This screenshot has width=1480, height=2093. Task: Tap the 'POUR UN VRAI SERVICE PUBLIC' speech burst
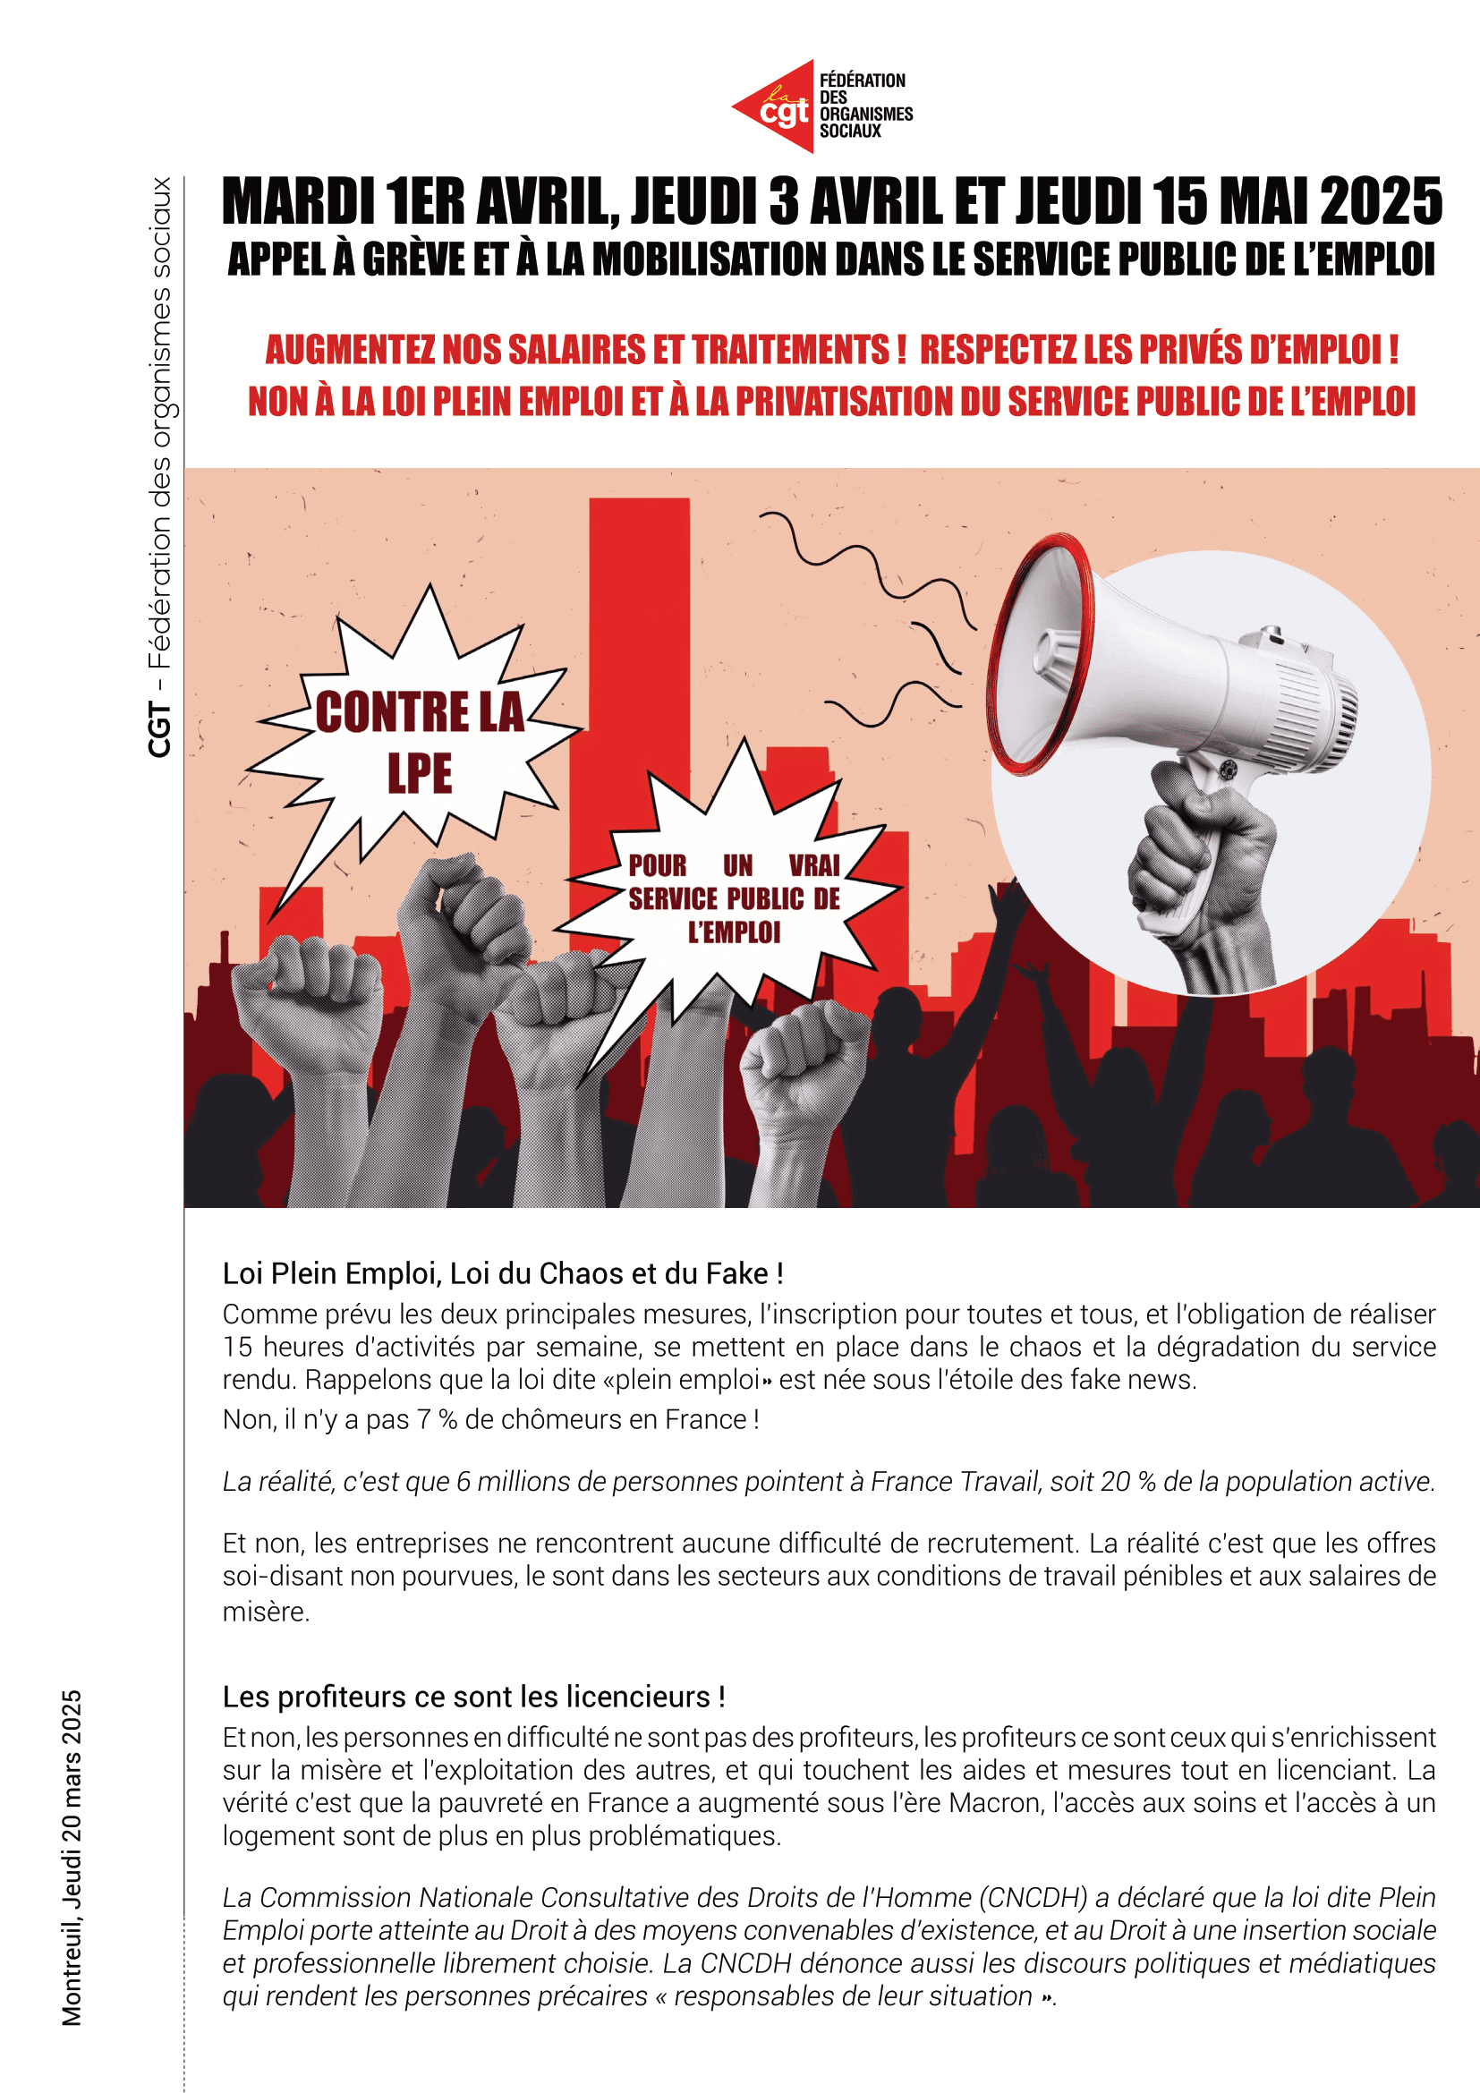point(734,898)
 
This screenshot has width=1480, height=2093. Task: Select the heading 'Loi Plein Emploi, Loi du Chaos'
point(502,1273)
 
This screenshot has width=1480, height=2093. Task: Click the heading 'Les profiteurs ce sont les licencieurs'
point(473,1697)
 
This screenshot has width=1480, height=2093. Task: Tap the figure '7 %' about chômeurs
point(437,1419)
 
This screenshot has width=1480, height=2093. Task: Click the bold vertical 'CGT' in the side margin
point(159,729)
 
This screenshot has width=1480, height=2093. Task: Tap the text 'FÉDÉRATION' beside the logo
point(862,81)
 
